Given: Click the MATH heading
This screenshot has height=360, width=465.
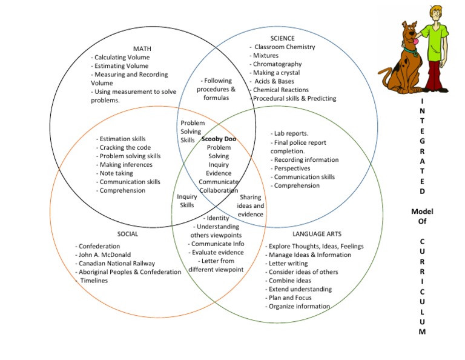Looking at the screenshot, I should tap(142, 48).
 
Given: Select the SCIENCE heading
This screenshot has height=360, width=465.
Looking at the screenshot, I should tap(282, 38).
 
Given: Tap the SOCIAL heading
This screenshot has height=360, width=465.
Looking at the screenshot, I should tap(128, 233).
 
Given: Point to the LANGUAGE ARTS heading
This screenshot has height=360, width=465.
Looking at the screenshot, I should tap(317, 233).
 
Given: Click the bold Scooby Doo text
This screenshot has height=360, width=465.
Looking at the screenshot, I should tap(219, 139).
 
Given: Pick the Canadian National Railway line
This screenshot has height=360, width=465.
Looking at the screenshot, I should tap(116, 263).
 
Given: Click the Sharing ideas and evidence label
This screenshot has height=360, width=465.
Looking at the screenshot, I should tap(250, 206).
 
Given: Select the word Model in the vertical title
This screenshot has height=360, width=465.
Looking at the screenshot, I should tap(422, 212).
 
